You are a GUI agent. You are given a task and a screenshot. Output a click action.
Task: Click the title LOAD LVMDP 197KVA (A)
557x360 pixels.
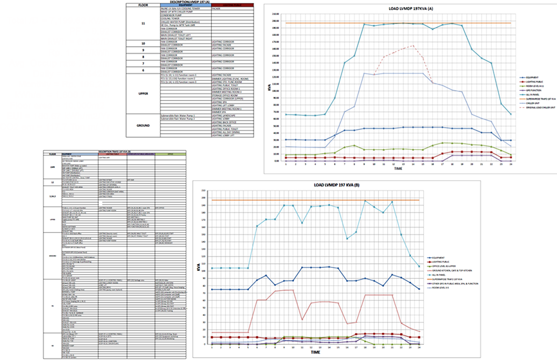410,9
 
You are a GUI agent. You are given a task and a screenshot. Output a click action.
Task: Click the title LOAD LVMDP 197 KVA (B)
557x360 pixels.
336,185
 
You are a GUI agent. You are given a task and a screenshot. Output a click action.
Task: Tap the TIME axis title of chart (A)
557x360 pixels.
398,168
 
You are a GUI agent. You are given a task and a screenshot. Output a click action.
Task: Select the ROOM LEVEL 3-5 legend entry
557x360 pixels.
440,288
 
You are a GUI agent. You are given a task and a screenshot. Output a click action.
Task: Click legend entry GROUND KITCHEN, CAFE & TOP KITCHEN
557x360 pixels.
451,271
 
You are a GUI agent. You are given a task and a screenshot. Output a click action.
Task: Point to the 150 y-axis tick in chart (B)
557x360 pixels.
204,234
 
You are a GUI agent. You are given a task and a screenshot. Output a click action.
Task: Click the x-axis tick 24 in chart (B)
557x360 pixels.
419,347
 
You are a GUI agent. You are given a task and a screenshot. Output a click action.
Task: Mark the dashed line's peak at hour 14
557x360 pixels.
413,46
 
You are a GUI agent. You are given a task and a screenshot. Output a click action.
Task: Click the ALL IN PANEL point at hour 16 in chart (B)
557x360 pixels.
347,239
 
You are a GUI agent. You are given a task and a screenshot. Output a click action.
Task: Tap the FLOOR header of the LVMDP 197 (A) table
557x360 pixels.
143,5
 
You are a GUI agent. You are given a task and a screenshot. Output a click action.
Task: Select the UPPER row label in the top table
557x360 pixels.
143,94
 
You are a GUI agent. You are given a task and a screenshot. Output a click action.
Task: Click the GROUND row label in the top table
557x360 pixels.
143,125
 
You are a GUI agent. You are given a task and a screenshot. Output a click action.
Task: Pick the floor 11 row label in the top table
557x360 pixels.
143,23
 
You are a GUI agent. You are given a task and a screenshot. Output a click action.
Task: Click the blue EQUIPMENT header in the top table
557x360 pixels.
186,5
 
